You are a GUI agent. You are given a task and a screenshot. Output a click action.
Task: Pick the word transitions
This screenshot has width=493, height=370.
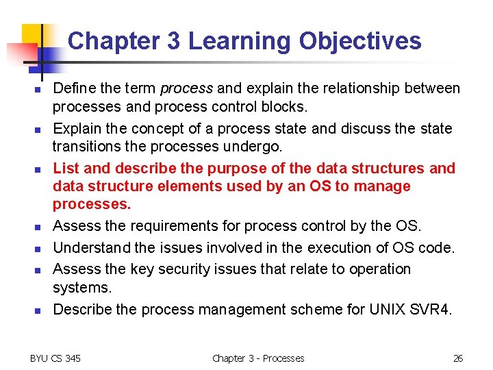coord(86,147)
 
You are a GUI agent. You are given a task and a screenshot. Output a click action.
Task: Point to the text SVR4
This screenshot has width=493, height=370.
coord(435,309)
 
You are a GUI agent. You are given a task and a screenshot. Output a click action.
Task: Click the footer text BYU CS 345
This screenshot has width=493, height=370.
coord(55,358)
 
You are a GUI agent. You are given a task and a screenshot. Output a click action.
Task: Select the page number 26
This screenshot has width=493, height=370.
coord(458,358)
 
